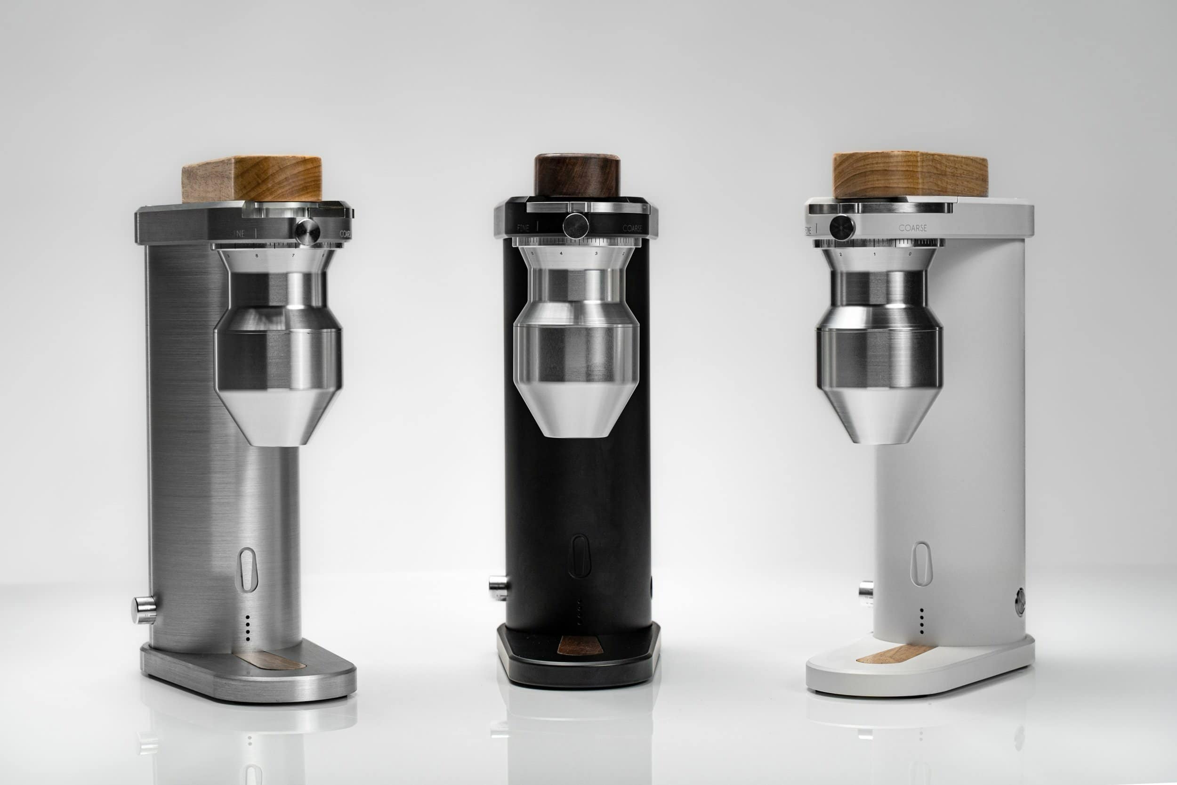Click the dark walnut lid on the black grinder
click(x=577, y=175)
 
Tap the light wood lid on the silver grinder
click(x=251, y=179)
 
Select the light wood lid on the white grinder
click(x=910, y=175)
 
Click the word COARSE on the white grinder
click(x=912, y=228)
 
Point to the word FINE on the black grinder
click(x=523, y=228)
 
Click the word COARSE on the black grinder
click(x=632, y=228)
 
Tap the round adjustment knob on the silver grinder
click(x=307, y=231)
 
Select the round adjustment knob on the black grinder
click(x=575, y=225)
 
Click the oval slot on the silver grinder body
click(x=247, y=569)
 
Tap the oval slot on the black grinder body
click(x=579, y=556)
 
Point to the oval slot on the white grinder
click(x=921, y=564)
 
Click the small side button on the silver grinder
click(x=143, y=610)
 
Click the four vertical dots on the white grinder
click(x=921, y=621)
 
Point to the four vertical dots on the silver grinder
click(x=247, y=628)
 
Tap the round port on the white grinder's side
click(x=1020, y=602)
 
